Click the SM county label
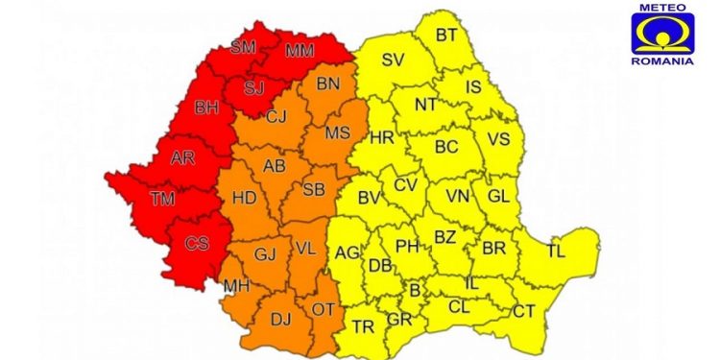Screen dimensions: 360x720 [x=244, y=46]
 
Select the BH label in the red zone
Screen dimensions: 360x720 [x=206, y=108]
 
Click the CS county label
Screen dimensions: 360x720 [x=197, y=243]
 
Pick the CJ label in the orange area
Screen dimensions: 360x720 [x=276, y=117]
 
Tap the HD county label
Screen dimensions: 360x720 [x=245, y=199]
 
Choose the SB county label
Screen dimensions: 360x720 [x=313, y=190]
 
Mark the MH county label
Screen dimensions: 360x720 [x=235, y=286]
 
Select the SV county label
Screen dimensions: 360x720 [x=393, y=60]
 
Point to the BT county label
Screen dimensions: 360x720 [x=447, y=36]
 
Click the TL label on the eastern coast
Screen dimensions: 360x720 [x=556, y=252]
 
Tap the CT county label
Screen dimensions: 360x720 [x=523, y=311]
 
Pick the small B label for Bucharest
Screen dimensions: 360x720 [x=415, y=289]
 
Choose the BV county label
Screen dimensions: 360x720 [x=369, y=199]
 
